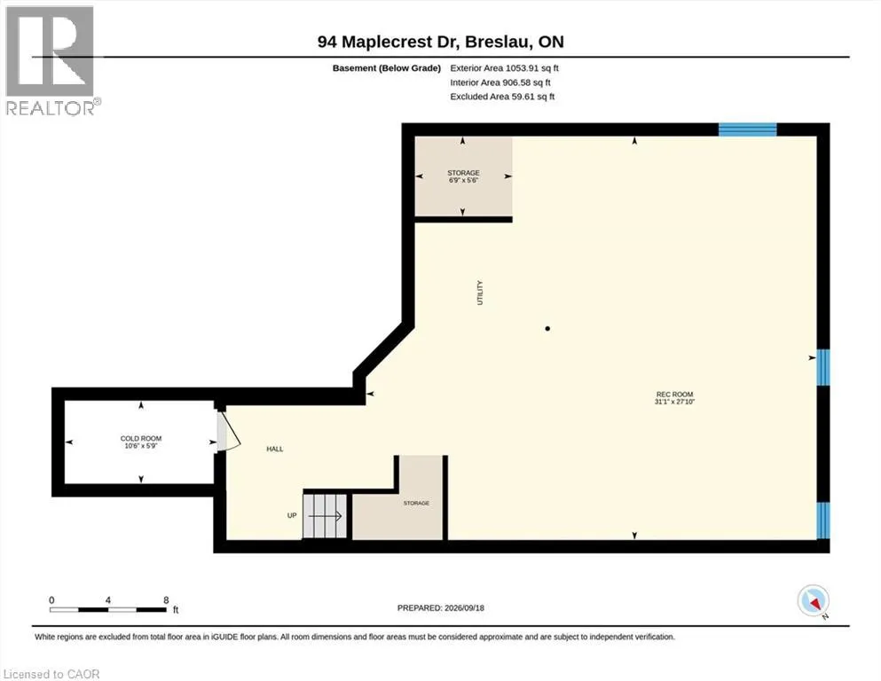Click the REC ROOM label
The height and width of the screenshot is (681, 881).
pos(674,394)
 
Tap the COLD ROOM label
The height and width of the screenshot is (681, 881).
pos(141,438)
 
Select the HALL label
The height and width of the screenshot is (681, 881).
pos(275,450)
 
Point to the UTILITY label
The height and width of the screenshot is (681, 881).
pos(480,293)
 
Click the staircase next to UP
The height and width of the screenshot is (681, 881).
pos(325,516)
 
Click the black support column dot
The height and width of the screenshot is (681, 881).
pos(547,328)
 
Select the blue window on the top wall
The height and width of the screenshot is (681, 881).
pos(748,129)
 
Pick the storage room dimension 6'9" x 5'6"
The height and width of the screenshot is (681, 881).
pos(463,181)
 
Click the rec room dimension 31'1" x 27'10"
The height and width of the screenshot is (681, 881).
pos(674,402)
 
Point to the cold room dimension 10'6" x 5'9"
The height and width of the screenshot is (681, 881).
pos(141,446)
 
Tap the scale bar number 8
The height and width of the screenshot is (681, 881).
pos(166,600)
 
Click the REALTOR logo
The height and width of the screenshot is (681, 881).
pos(50,60)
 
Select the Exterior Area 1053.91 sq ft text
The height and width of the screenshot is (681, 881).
pos(504,68)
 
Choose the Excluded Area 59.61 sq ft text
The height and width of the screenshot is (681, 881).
pos(502,97)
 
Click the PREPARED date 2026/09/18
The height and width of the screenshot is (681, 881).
pos(464,608)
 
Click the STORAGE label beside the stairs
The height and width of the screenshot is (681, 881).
pos(416,503)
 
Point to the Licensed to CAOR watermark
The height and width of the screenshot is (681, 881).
pos(51,674)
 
